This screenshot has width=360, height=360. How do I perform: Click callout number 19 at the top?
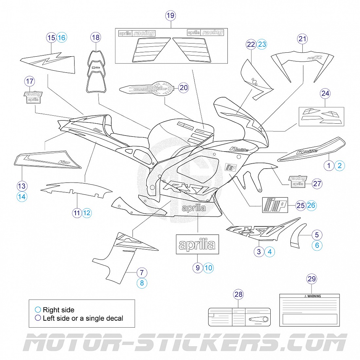point(170,15)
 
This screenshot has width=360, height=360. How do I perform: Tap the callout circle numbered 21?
point(302,39)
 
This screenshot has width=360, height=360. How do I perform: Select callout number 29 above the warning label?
point(312,279)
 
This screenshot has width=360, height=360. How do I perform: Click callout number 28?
point(239,294)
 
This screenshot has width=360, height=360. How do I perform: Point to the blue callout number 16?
point(62,38)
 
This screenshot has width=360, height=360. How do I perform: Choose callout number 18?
point(96,37)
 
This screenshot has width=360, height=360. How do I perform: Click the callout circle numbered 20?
point(184,87)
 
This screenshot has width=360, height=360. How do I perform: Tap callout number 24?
point(325,93)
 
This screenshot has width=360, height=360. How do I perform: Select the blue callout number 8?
point(142,283)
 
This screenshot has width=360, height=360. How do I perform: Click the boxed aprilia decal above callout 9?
point(197,244)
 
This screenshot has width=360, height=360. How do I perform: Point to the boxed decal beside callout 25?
point(275,205)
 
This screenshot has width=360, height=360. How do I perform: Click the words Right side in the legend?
point(58,310)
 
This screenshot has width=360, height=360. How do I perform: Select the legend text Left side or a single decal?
point(83,318)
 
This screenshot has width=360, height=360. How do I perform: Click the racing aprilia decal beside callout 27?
point(298,181)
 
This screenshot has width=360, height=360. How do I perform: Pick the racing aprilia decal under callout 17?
point(33,97)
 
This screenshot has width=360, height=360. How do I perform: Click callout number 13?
point(22,186)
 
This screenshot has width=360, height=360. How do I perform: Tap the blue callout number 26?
point(311,206)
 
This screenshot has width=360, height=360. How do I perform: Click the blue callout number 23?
point(262,44)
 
